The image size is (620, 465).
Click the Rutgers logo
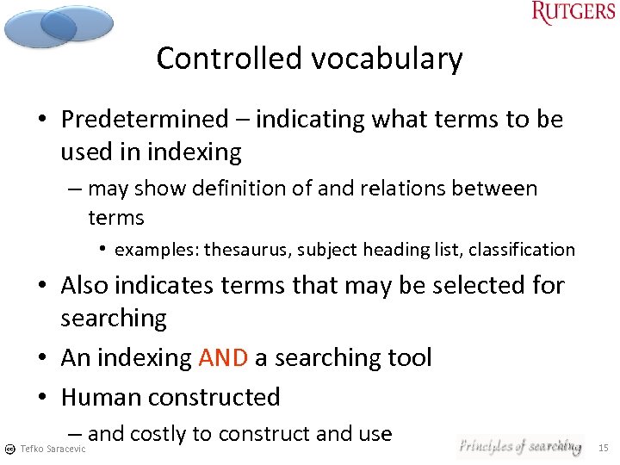[x=573, y=13]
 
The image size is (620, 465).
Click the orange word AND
[x=223, y=357]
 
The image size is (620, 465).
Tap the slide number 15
[x=603, y=448]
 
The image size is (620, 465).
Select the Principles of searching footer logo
[x=519, y=446]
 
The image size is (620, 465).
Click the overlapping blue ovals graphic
[x=59, y=25]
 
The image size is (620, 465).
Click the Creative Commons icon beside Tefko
[x=9, y=449]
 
